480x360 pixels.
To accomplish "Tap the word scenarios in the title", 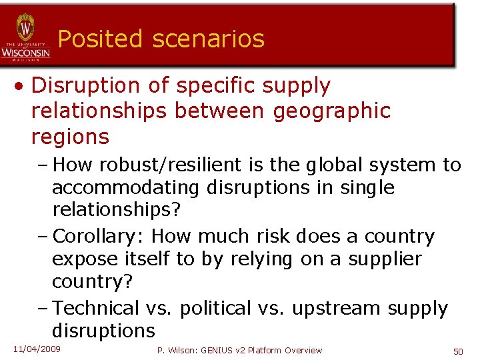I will (208, 39).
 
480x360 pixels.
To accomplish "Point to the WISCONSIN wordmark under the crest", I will (25, 52).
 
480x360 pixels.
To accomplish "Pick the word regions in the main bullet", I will (69, 137).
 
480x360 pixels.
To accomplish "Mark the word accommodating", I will (125, 187).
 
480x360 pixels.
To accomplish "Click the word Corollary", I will (98, 236).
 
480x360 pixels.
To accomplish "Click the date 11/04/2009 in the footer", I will (37, 349).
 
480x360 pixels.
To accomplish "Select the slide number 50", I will (458, 351).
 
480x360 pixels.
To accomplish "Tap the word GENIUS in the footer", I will (214, 351).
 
